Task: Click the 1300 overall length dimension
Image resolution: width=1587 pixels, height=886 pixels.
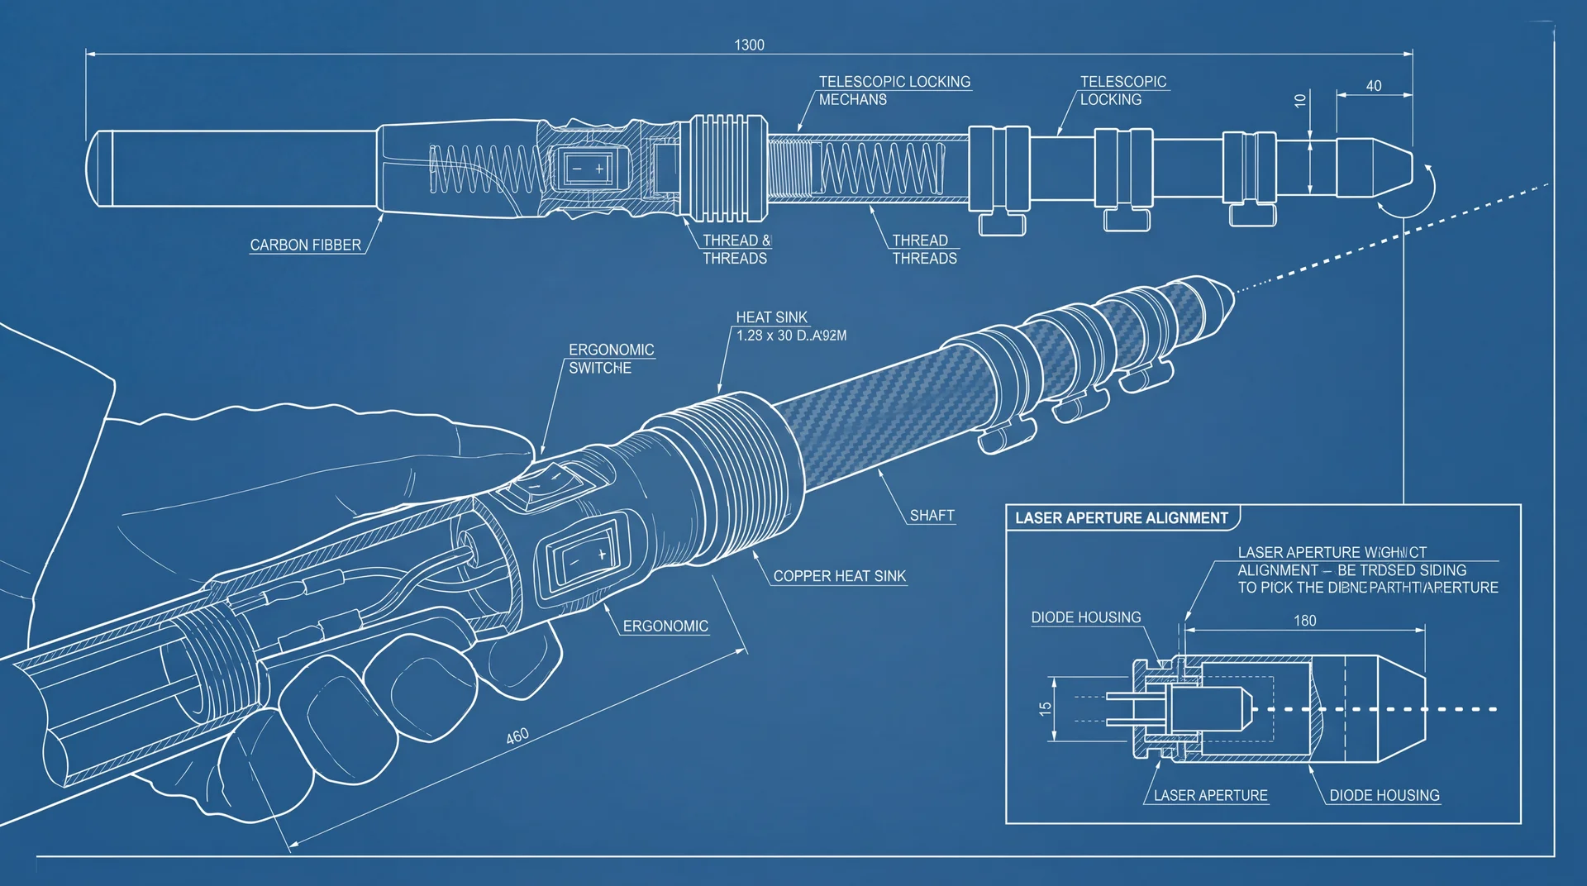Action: pos(749,45)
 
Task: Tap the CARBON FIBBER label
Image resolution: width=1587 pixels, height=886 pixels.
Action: pos(305,245)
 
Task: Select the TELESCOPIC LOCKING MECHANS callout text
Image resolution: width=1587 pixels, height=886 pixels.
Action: pos(894,90)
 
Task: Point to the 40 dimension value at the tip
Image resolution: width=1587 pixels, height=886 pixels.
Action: pos(1373,86)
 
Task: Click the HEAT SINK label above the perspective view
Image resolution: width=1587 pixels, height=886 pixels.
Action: pos(771,317)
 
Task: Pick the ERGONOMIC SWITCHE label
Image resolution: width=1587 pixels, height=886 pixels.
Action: pos(611,359)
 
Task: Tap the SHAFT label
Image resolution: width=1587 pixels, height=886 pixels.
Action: pos(932,515)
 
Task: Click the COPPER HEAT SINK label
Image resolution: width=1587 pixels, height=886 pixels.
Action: pos(839,576)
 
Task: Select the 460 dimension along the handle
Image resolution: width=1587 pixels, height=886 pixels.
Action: pos(517,736)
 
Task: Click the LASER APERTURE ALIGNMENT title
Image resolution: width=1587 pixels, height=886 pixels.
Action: pos(1121,518)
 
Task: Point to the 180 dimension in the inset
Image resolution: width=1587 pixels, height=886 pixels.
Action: pos(1304,621)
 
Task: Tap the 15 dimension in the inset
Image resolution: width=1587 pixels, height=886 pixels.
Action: pos(1046,708)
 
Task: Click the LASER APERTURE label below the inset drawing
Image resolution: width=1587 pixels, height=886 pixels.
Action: pos(1210,795)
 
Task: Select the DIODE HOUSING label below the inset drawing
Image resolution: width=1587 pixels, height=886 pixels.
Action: pos(1384,795)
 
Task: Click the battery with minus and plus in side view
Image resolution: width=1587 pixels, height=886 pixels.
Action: pos(587,169)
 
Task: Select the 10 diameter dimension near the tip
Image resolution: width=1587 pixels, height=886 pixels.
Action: pos(1300,100)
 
